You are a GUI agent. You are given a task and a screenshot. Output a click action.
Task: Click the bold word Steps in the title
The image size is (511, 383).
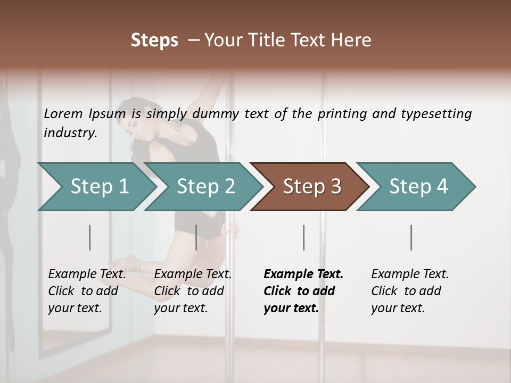(x=154, y=40)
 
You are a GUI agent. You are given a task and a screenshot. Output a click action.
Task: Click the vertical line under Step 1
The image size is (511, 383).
(x=90, y=237)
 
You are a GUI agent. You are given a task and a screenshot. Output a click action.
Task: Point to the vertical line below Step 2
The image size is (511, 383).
(x=196, y=237)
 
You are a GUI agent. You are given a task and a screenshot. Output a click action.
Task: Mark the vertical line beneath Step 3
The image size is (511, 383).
(x=303, y=237)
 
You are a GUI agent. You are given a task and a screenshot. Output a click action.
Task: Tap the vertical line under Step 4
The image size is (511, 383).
(x=411, y=237)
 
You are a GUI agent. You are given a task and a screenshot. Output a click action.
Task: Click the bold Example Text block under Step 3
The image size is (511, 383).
(x=303, y=290)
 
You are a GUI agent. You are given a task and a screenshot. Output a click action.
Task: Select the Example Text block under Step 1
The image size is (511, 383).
(x=87, y=290)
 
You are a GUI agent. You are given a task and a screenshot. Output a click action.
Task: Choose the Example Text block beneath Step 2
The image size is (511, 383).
(x=193, y=290)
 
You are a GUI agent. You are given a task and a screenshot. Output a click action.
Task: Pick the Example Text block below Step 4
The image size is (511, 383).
(x=410, y=290)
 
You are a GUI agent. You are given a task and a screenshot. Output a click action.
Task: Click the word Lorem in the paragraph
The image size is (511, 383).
(x=63, y=113)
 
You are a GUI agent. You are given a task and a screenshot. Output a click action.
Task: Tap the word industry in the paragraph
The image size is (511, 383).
(x=70, y=133)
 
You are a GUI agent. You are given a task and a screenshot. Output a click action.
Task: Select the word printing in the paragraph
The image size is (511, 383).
(x=342, y=114)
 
